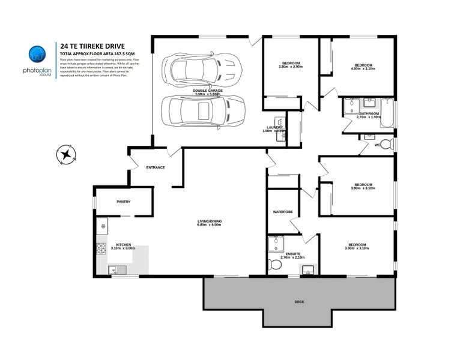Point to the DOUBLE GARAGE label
coord(208,91)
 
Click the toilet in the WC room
coord(389,144)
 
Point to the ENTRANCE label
coord(155,167)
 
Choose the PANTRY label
coord(123,202)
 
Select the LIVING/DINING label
coord(210,222)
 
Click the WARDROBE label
coord(282,212)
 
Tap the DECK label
coord(298,301)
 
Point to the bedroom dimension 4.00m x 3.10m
coord(363,68)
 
